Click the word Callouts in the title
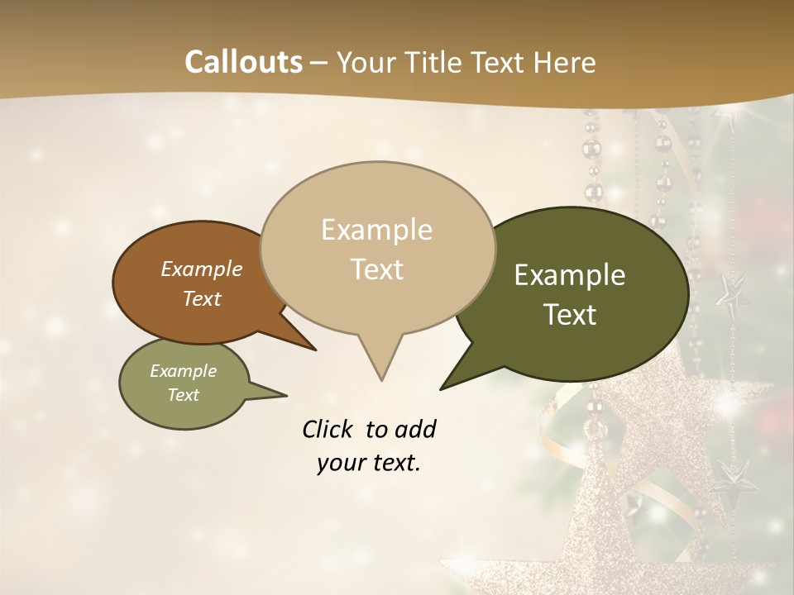[x=243, y=62]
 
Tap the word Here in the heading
[x=565, y=62]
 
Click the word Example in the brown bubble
[x=201, y=269]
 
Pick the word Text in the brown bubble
[x=201, y=298]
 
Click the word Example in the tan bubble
[x=376, y=230]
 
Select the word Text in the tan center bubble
[x=376, y=269]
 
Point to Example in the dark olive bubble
[x=570, y=275]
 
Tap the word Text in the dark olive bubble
[x=570, y=315]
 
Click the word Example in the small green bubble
[x=183, y=371]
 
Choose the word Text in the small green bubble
[x=183, y=395]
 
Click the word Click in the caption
[x=328, y=429]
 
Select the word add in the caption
[x=415, y=429]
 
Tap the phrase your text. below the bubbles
[x=368, y=463]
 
